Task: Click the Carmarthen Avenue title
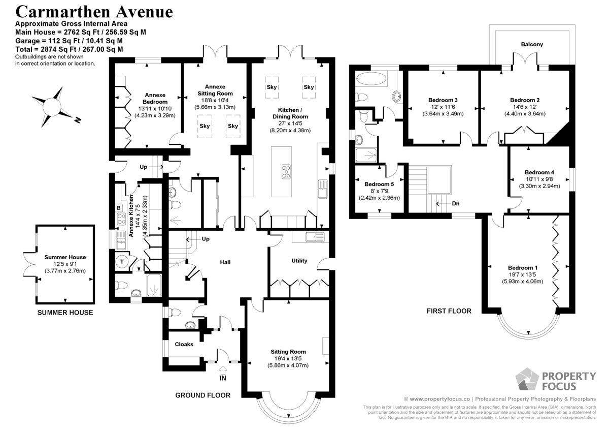94,12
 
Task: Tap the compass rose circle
52,106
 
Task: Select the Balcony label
532,44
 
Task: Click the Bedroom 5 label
379,184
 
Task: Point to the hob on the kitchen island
286,172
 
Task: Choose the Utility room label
299,261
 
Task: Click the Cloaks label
184,344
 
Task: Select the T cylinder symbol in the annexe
122,262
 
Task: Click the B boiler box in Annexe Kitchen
119,208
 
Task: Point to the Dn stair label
456,203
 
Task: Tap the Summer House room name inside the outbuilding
65,257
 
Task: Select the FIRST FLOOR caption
449,311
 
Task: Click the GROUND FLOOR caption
202,395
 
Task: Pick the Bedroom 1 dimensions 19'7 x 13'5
522,274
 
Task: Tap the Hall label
225,262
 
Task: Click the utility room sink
315,237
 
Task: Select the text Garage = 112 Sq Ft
48,41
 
